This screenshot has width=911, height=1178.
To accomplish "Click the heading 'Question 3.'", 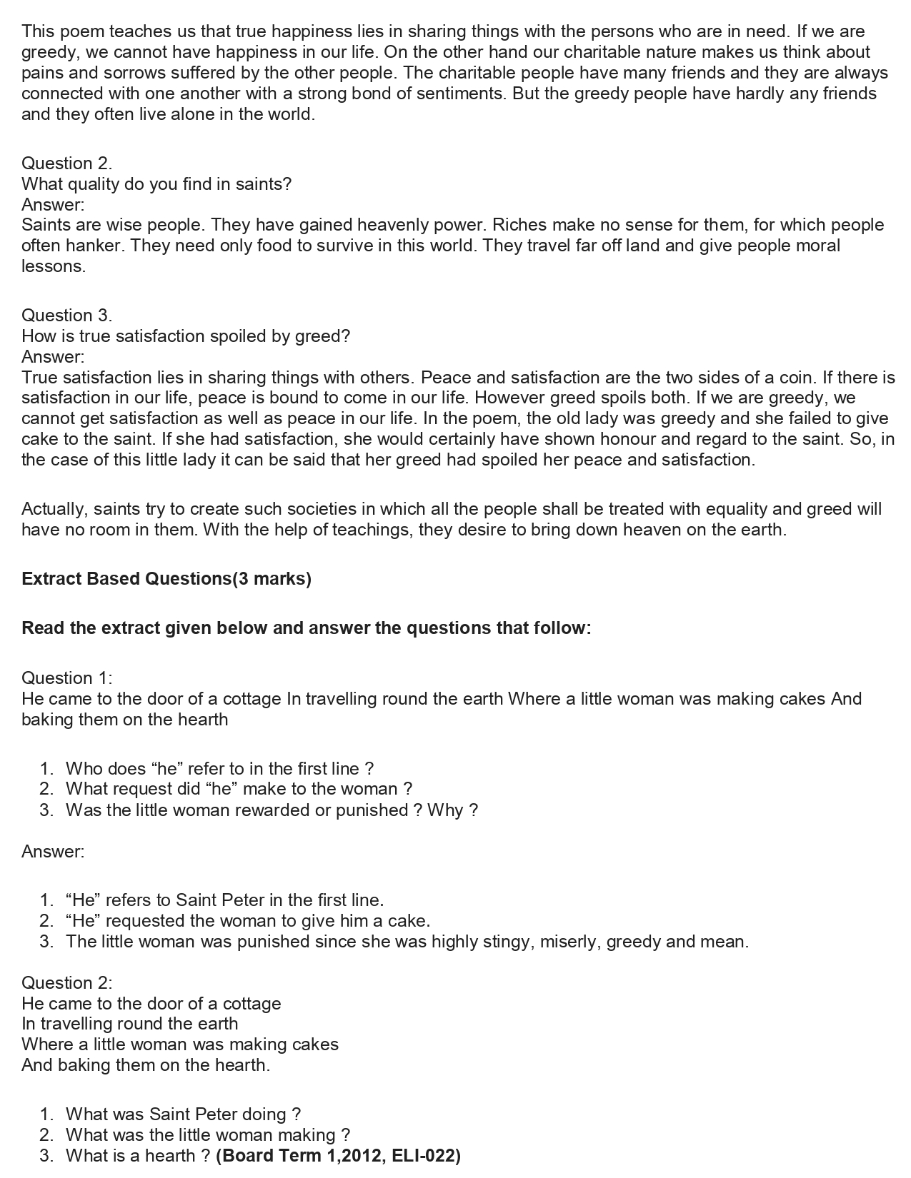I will [x=67, y=316].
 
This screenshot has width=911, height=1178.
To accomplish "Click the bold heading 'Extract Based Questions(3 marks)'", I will [x=166, y=579].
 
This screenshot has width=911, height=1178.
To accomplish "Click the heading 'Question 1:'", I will [x=67, y=678].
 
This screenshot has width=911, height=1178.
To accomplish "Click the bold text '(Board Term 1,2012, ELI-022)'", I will [x=338, y=1156].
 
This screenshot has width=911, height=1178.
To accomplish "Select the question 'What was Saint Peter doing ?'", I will [x=183, y=1114].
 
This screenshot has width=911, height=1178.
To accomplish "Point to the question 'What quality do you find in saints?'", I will [x=156, y=184].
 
